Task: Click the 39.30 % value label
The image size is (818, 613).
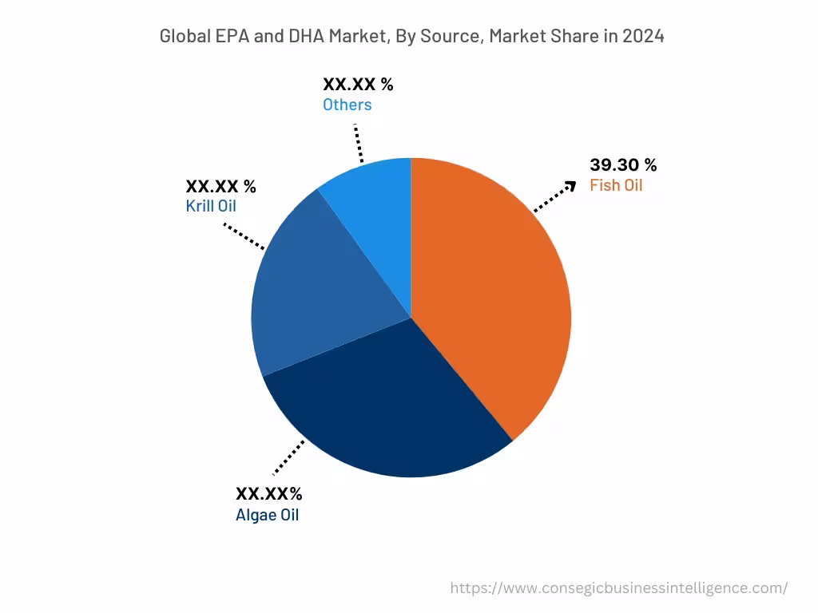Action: click(623, 165)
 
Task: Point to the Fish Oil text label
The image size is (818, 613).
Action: click(616, 186)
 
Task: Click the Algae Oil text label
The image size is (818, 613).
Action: click(267, 515)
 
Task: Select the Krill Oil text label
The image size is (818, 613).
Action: click(211, 207)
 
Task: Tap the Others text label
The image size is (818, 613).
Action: click(347, 105)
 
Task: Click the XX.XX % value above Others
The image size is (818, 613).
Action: click(358, 84)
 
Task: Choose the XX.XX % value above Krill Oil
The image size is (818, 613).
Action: click(220, 186)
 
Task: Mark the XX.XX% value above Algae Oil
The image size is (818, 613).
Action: click(268, 494)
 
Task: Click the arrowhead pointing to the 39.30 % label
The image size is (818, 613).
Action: click(570, 186)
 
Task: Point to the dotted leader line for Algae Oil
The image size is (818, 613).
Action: click(288, 457)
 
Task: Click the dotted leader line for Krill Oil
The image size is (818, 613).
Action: click(244, 236)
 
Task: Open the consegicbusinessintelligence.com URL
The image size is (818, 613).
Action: click(618, 588)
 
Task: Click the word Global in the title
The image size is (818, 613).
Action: click(181, 36)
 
